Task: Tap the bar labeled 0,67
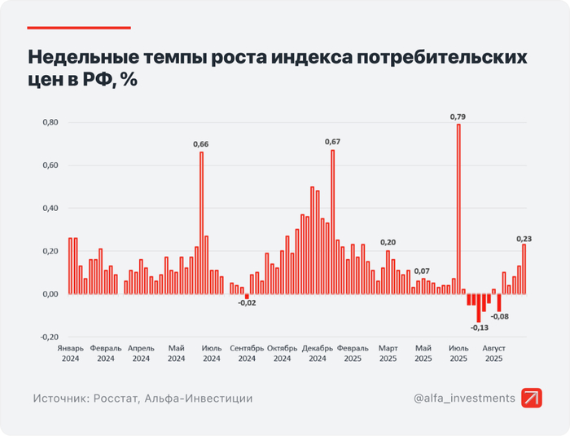(x=332, y=221)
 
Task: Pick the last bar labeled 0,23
(x=524, y=269)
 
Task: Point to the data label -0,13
(x=480, y=328)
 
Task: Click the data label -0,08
(x=500, y=317)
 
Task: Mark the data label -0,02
(x=247, y=303)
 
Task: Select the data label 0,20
(x=388, y=242)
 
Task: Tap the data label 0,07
(x=422, y=271)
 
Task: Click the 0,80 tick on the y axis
(x=49, y=122)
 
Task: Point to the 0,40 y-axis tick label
(x=49, y=208)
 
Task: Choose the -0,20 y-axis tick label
(x=48, y=337)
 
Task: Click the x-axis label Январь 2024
(x=71, y=353)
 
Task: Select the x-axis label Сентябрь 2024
(x=247, y=353)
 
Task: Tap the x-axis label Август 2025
(x=493, y=353)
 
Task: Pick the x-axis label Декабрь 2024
(x=318, y=353)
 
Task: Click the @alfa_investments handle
(x=464, y=399)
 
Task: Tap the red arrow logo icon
(x=533, y=398)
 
